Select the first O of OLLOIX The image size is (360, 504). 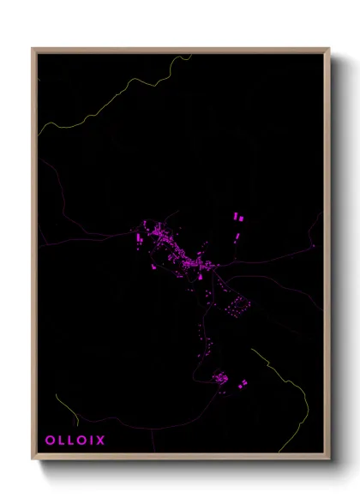(50, 441)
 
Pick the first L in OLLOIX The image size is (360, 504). (61, 441)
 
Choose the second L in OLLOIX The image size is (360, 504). (70, 441)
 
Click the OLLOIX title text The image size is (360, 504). (75, 441)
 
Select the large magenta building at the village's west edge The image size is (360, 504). (139, 236)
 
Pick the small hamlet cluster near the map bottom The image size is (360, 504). (220, 377)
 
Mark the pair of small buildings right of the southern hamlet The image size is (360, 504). (243, 382)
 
